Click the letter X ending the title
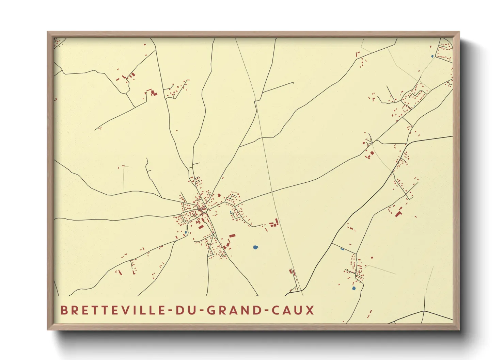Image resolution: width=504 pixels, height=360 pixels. tap(310, 310)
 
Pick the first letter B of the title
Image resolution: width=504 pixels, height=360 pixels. tap(64, 310)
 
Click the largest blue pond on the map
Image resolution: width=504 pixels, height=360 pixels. tap(256, 247)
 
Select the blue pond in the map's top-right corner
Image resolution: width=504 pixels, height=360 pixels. tap(432, 56)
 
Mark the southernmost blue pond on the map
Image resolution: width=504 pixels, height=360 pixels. tap(353, 288)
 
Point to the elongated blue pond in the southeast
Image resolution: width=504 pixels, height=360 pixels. tap(342, 249)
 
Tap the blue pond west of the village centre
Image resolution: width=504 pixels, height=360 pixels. tap(186, 232)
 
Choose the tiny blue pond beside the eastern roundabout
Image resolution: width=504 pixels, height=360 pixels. tap(231, 212)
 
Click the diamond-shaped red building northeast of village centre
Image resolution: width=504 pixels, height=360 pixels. tap(219, 195)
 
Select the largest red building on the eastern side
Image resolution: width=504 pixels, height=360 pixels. tap(398, 214)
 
